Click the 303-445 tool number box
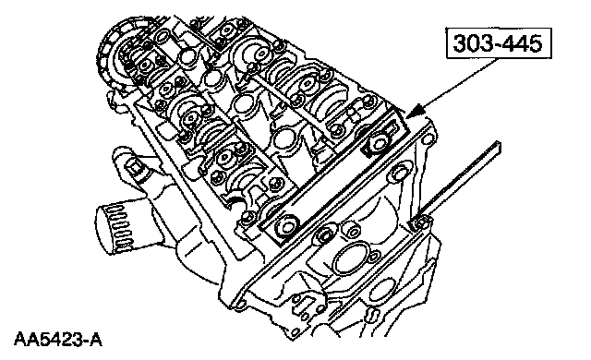click(x=499, y=43)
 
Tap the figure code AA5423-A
click(x=58, y=340)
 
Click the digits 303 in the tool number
click(x=472, y=43)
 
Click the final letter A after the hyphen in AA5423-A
click(x=96, y=340)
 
